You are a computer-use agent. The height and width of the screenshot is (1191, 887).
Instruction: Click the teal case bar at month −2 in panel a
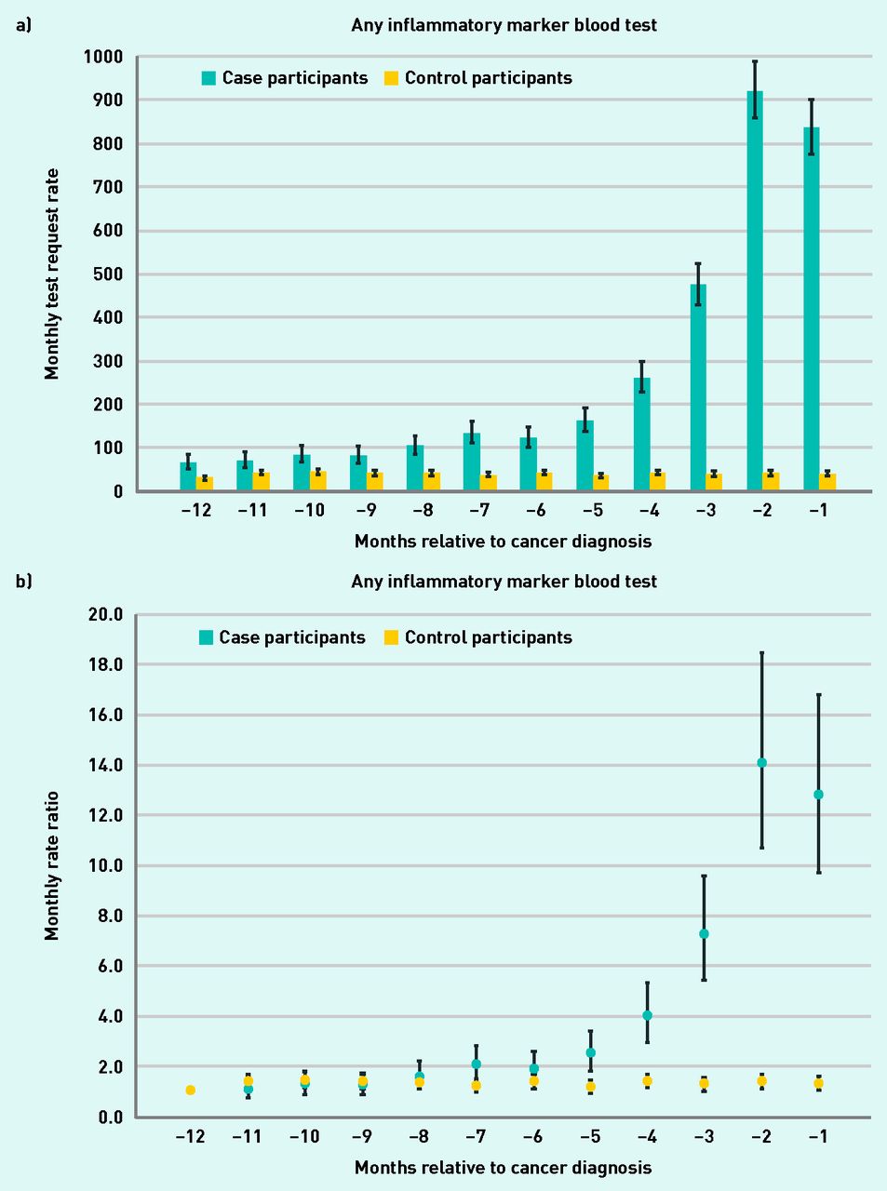(755, 298)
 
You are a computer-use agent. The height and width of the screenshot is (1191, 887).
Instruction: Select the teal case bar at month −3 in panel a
(698, 391)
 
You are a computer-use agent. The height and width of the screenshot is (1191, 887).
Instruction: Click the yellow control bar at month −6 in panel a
(544, 482)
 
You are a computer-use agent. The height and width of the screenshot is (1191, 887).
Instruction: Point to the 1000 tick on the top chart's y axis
(102, 57)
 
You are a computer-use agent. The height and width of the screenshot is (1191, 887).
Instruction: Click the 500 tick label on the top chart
(107, 274)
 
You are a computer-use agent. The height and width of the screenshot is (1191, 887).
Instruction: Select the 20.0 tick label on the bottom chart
(104, 614)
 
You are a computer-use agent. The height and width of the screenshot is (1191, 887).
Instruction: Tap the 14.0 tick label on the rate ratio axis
(104, 765)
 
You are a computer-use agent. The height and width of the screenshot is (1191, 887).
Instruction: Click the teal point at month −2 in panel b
(761, 763)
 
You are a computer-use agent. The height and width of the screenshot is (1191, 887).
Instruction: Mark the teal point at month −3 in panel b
(705, 933)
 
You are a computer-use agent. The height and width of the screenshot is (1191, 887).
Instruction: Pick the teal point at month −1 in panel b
(818, 795)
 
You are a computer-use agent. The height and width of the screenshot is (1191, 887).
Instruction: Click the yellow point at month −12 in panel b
(190, 1090)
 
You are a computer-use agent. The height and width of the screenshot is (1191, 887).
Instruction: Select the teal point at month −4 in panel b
(647, 1015)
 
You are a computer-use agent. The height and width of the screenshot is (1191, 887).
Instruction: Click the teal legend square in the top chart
(208, 79)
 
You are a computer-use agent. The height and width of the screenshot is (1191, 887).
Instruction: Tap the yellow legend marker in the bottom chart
(391, 637)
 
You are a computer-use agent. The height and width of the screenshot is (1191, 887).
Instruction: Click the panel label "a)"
(23, 25)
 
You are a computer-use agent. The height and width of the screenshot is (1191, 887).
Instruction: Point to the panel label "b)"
(23, 581)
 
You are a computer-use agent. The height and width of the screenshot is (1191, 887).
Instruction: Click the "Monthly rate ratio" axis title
(52, 865)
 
